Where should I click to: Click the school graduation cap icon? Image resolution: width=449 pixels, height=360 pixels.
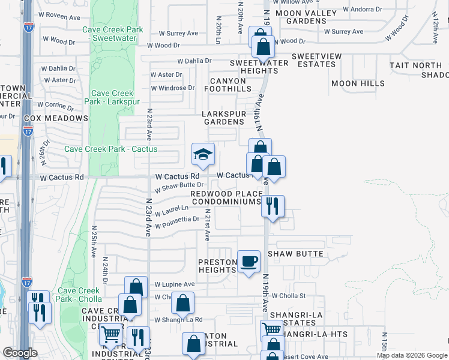(203, 154)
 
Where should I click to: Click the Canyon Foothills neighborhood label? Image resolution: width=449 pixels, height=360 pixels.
(228, 85)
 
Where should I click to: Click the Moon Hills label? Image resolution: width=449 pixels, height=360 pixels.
(358, 83)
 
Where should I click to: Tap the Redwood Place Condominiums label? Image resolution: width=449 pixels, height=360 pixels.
(226, 198)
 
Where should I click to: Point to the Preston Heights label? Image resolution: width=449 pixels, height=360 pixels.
(217, 266)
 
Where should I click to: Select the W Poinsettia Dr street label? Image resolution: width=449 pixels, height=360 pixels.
(177, 223)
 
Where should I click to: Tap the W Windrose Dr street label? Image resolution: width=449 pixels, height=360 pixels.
(173, 88)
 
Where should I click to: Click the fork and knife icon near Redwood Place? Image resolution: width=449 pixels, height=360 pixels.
(273, 206)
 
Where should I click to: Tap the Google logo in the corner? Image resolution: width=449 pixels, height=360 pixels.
(19, 353)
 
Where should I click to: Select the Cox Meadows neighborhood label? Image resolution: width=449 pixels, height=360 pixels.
(56, 118)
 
